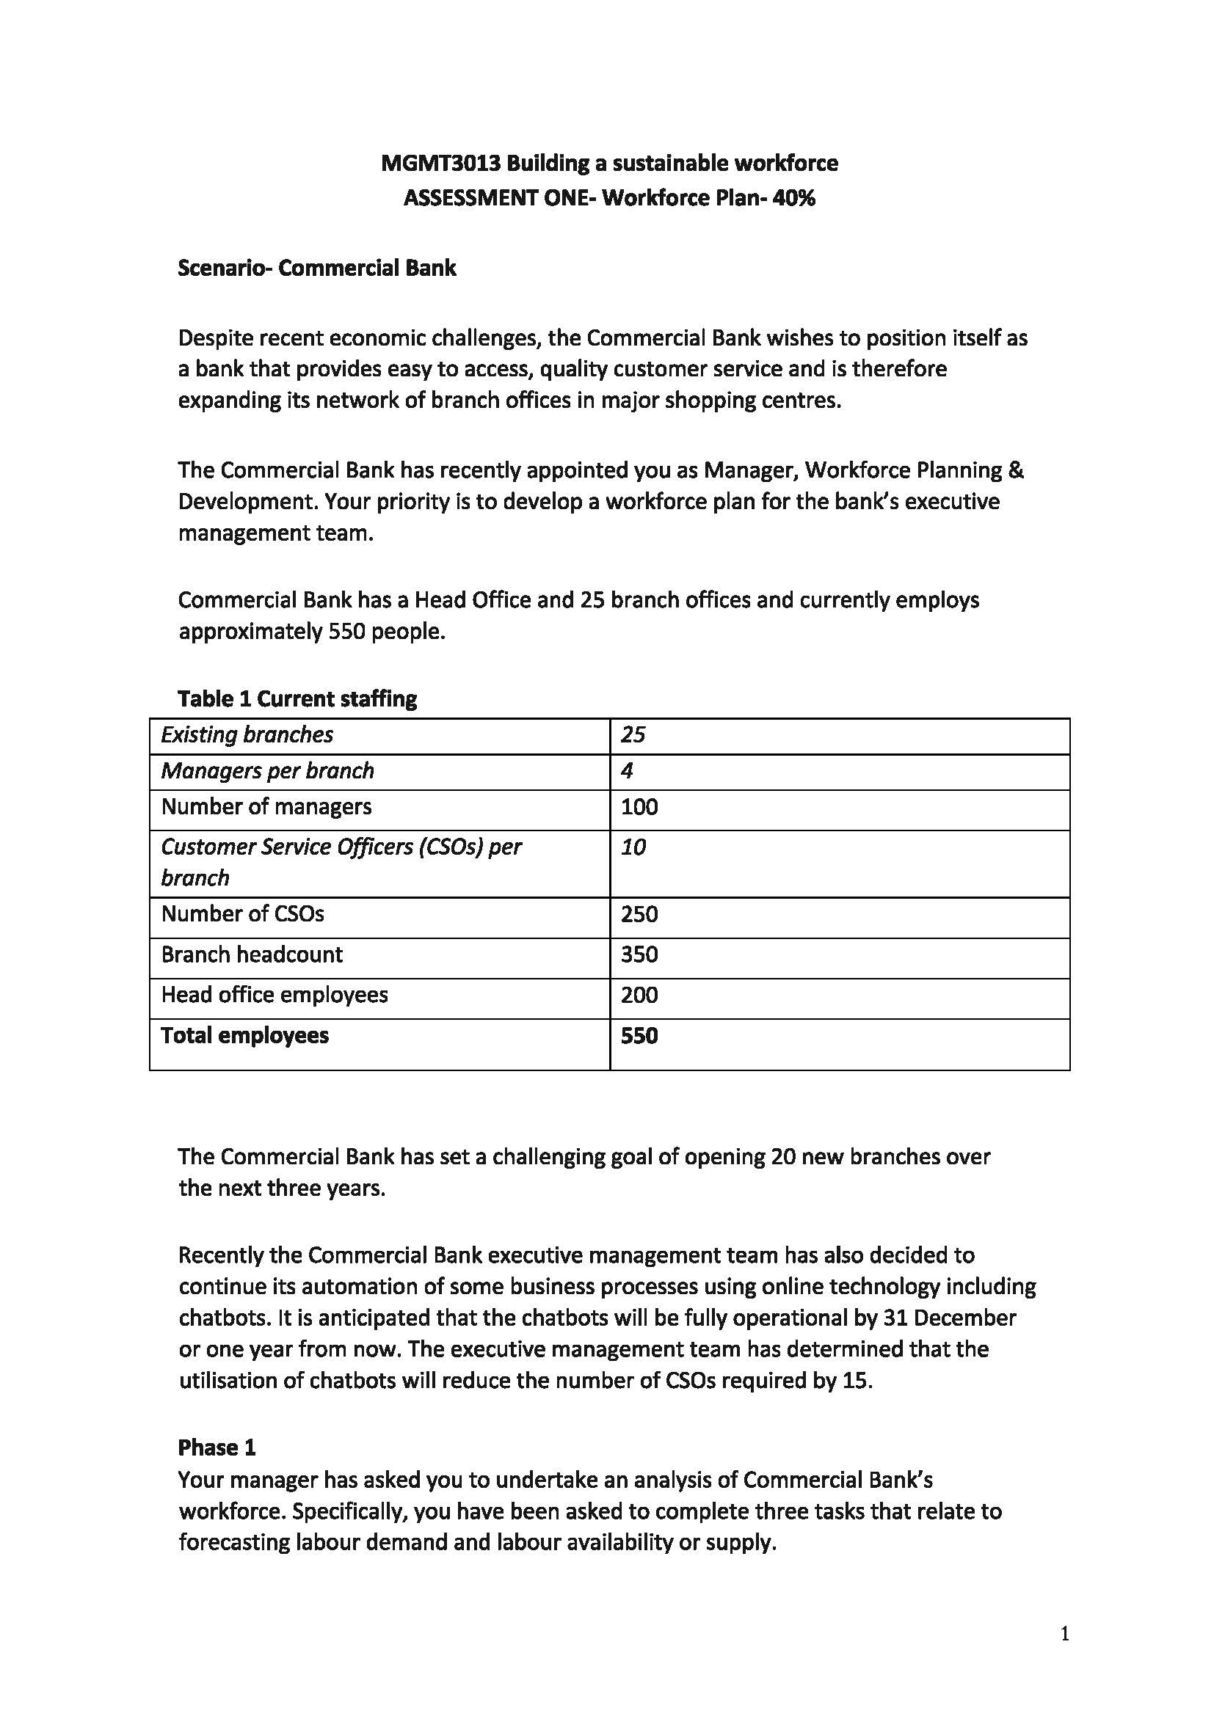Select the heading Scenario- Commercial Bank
pos(316,269)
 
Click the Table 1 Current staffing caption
pos(297,699)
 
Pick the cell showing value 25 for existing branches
pos(633,735)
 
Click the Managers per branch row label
pos(267,771)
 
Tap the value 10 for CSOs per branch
pos(633,847)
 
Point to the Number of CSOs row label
pos(242,914)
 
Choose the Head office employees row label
pos(275,995)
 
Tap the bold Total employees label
pos(244,1036)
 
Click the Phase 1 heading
pos(216,1447)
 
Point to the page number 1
pos(1064,1635)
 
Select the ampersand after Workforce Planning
pos(1016,470)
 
